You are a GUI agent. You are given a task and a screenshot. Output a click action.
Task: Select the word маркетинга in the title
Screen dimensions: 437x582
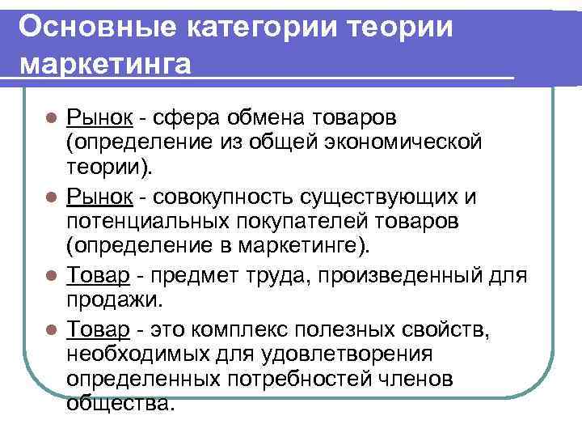click(104, 63)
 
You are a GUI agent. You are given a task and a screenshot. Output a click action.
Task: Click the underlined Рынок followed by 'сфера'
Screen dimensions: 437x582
click(99, 118)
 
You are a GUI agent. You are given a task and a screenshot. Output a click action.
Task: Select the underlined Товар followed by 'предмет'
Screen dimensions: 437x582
click(99, 276)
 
